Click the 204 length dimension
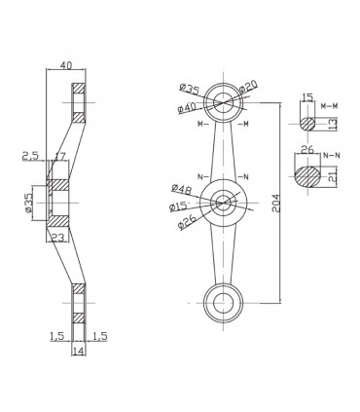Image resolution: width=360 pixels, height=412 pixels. pos(275,204)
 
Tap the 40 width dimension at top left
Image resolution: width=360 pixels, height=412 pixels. pos(65,65)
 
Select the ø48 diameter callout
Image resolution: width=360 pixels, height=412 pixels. pos(182,189)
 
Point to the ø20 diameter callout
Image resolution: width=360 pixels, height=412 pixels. pos(248,86)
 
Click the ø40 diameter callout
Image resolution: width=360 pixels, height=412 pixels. pos(187,107)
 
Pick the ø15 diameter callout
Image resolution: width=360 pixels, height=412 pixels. pos(178,206)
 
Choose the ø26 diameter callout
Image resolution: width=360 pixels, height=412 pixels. pos(188,222)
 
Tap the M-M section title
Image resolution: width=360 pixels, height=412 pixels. pos(329,106)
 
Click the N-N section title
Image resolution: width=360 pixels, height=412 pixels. pos(332,155)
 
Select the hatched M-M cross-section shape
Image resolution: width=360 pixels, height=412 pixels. pos(306,124)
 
